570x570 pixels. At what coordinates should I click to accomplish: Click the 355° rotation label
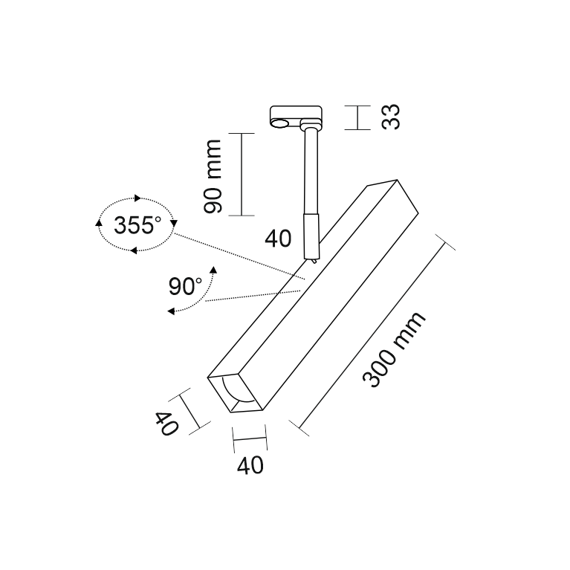tap(137, 225)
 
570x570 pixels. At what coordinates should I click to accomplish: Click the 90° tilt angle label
tap(185, 286)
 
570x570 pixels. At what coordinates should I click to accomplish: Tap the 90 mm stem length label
tap(213, 176)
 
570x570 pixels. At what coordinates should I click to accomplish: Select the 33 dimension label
tap(391, 117)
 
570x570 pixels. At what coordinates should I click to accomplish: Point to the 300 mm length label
tap(394, 350)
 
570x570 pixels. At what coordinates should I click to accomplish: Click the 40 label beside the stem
tap(278, 239)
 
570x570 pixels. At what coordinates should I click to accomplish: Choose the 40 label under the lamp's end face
tap(250, 465)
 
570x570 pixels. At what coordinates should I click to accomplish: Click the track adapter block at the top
tap(296, 117)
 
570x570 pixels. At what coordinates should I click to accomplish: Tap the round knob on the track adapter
tap(280, 123)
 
